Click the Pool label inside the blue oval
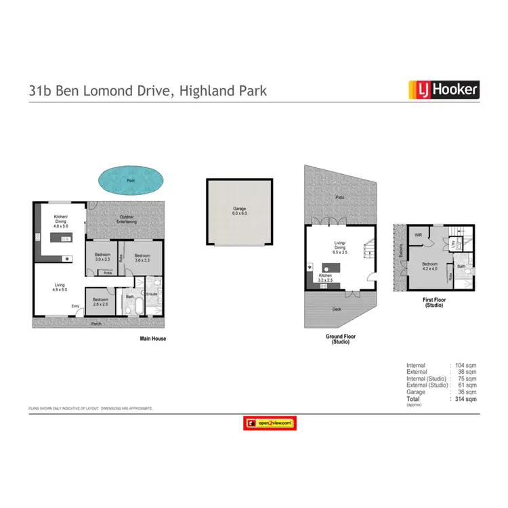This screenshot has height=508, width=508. click(x=131, y=181)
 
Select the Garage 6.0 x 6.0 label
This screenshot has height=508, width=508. click(x=239, y=211)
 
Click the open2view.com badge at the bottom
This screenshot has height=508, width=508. click(x=270, y=423)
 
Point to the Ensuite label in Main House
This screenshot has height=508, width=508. click(x=153, y=295)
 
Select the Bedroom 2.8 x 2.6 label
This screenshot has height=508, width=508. click(x=100, y=302)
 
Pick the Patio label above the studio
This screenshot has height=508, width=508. click(x=340, y=198)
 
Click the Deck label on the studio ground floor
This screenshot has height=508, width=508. click(x=337, y=310)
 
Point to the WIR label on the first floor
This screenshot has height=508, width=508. click(x=418, y=236)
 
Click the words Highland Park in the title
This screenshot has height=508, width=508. click(x=219, y=90)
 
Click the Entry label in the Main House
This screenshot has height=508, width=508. click(x=76, y=306)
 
